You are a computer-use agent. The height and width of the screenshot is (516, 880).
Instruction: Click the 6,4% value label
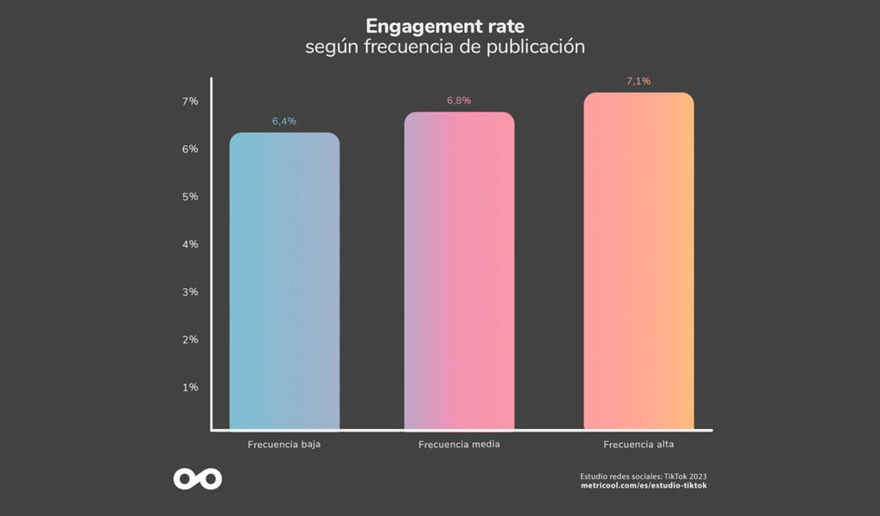tap(284, 121)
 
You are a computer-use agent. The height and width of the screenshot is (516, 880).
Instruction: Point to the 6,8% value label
tap(459, 101)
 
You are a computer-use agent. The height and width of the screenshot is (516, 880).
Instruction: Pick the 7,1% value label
tap(639, 82)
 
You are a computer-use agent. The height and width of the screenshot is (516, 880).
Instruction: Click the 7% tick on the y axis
tap(190, 101)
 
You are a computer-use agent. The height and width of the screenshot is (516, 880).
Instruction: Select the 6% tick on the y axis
tap(190, 149)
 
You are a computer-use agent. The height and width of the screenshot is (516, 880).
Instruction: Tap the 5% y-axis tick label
tap(190, 197)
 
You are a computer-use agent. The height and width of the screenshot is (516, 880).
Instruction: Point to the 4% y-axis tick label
tap(190, 244)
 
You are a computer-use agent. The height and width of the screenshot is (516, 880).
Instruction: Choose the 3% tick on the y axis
tap(190, 292)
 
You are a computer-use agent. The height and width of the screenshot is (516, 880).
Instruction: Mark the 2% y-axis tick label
tap(190, 340)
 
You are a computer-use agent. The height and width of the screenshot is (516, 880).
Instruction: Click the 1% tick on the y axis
tap(190, 388)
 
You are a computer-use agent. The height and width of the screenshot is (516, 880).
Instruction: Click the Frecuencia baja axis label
tap(284, 445)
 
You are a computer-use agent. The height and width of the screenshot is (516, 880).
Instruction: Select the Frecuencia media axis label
tap(459, 445)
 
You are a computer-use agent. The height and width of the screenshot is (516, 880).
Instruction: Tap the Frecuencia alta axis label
tap(639, 445)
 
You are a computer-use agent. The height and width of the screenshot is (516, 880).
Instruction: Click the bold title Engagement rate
tap(445, 26)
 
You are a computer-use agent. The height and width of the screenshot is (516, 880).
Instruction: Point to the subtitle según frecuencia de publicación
tap(445, 46)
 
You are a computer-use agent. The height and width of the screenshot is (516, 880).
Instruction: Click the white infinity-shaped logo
tap(198, 479)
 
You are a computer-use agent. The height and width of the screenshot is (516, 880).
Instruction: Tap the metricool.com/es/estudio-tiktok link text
tap(644, 486)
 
